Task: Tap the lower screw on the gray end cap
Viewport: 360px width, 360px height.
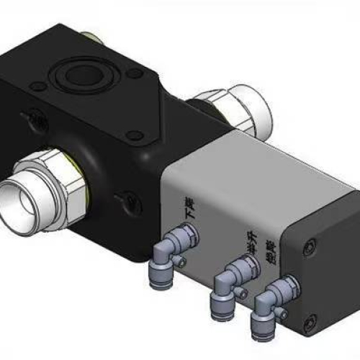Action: pos(310,323)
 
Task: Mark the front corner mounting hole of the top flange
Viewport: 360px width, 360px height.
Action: pos(132,133)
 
